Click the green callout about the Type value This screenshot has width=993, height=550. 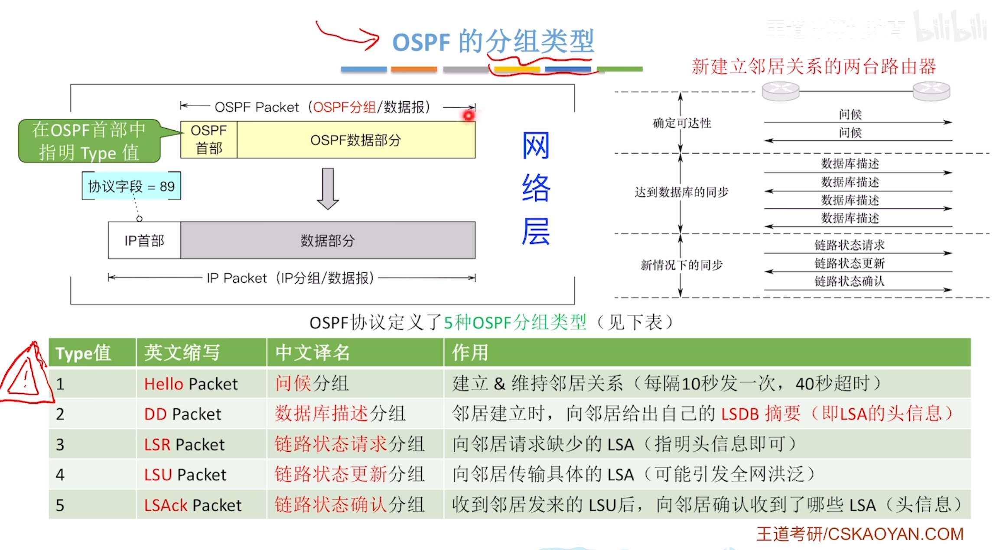click(x=89, y=141)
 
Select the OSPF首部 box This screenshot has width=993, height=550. click(x=208, y=139)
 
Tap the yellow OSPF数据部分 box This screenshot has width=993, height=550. click(x=355, y=140)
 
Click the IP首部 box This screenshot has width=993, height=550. click(x=144, y=240)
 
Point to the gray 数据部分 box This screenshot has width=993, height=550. click(x=328, y=240)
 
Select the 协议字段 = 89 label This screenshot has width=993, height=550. click(x=131, y=186)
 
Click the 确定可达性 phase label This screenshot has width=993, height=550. click(x=682, y=123)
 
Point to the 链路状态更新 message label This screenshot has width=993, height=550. click(x=849, y=263)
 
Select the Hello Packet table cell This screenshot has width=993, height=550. click(x=191, y=384)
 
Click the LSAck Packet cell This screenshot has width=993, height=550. click(x=192, y=505)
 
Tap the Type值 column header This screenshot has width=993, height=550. click(x=83, y=353)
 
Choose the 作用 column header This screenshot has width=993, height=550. click(x=470, y=353)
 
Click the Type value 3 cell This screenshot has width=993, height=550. click(x=60, y=445)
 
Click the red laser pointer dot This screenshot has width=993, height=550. click(x=469, y=116)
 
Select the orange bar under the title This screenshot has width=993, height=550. click(x=413, y=69)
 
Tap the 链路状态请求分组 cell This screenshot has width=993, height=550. click(x=349, y=444)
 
